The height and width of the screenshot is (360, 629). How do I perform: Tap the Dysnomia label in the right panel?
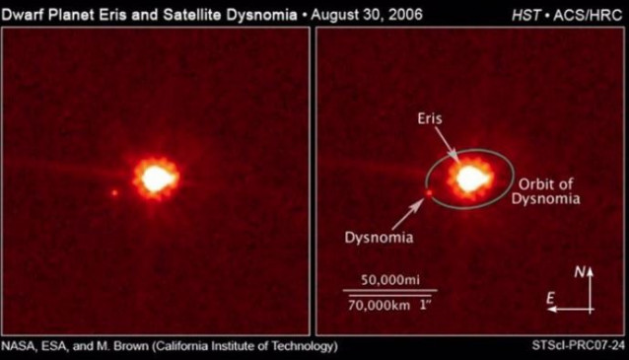[380, 237]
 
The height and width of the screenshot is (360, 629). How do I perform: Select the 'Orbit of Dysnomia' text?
[545, 191]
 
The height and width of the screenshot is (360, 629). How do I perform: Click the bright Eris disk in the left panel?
[156, 179]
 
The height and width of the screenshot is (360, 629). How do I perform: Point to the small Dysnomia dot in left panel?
[114, 193]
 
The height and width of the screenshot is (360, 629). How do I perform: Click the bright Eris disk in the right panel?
[470, 179]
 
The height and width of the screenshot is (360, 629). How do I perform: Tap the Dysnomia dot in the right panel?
[429, 193]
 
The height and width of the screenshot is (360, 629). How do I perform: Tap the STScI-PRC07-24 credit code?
[581, 347]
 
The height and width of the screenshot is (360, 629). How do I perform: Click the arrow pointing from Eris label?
[446, 143]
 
